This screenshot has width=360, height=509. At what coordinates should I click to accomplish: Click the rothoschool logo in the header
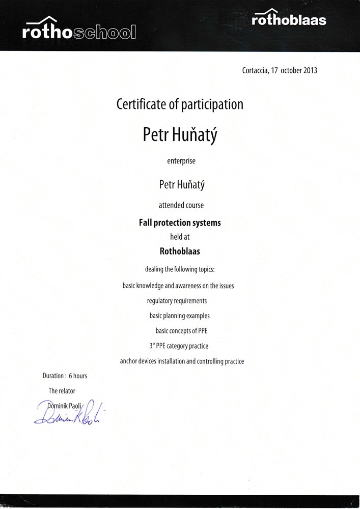point(79,31)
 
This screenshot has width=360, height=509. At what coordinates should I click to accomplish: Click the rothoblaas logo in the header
point(289,19)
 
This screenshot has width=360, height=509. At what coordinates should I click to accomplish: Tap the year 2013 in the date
point(310,71)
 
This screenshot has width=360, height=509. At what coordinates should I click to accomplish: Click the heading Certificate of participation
point(180,104)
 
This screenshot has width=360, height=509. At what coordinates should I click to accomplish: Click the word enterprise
point(181,161)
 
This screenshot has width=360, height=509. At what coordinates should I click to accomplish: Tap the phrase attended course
point(181,205)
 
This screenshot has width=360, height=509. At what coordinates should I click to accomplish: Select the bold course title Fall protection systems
point(180,223)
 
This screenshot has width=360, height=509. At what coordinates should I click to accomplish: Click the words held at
point(180,237)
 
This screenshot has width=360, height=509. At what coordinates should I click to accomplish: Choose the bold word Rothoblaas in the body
point(180,250)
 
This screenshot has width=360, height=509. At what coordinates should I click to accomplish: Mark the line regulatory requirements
point(177,301)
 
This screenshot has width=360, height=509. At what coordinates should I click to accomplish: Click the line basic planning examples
point(179,316)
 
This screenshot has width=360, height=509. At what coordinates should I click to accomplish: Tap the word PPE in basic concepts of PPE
point(202,331)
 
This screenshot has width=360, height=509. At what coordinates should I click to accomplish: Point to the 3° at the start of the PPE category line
point(152,346)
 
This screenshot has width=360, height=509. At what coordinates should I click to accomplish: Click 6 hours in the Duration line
point(77,376)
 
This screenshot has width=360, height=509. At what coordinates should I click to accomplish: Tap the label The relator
point(62,391)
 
